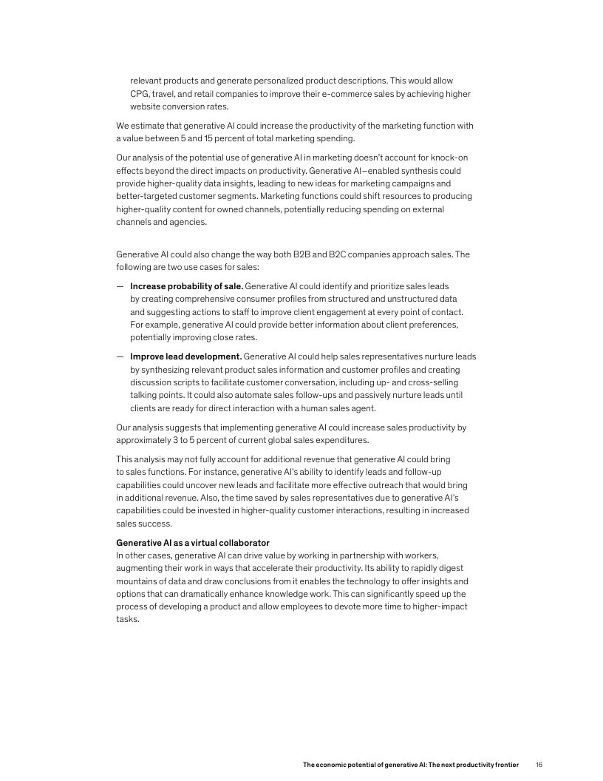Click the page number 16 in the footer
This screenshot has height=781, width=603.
[539, 764]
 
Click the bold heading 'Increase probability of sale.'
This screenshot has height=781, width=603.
[186, 285]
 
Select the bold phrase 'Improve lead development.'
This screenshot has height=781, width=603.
[186, 356]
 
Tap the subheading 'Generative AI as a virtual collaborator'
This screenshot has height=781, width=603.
[193, 543]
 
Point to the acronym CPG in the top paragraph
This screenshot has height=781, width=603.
[140, 94]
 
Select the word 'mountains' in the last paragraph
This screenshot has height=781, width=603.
[138, 581]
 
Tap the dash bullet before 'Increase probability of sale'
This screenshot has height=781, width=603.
[119, 285]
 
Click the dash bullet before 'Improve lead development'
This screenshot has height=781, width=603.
[119, 356]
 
